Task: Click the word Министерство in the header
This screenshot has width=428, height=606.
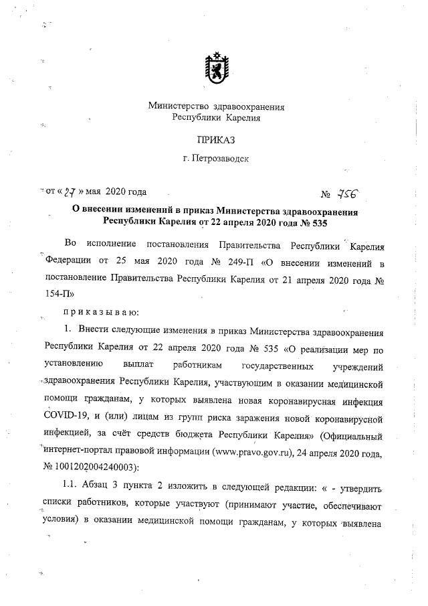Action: coord(177,106)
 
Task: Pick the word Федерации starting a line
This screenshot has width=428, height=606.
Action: coord(68,259)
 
